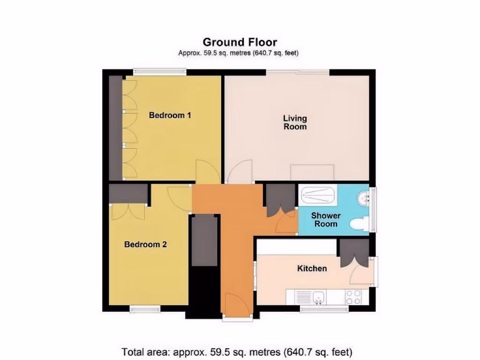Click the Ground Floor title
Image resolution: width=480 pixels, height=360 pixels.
point(240,43)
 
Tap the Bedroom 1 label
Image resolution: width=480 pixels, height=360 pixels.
point(170,115)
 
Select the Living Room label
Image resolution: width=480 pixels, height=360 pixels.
point(295,122)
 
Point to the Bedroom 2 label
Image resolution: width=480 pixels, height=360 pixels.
point(145,244)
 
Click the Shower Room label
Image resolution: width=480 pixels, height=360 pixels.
point(326,219)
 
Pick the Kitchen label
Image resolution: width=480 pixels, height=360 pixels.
point(312,269)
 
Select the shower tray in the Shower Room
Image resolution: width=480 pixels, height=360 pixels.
point(318,195)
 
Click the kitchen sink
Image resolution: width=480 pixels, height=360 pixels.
point(320,297)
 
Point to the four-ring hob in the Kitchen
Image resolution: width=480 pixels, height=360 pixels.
point(353,297)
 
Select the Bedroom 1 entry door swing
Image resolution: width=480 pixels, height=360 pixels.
point(207,172)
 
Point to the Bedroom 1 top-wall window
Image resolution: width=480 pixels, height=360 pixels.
point(159,72)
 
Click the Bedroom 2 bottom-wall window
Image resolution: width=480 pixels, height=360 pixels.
point(145,308)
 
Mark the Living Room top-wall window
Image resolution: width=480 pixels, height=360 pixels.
point(298,72)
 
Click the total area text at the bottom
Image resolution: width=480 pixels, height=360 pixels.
point(237,352)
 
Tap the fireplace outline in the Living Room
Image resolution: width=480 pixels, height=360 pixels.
point(312,172)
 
